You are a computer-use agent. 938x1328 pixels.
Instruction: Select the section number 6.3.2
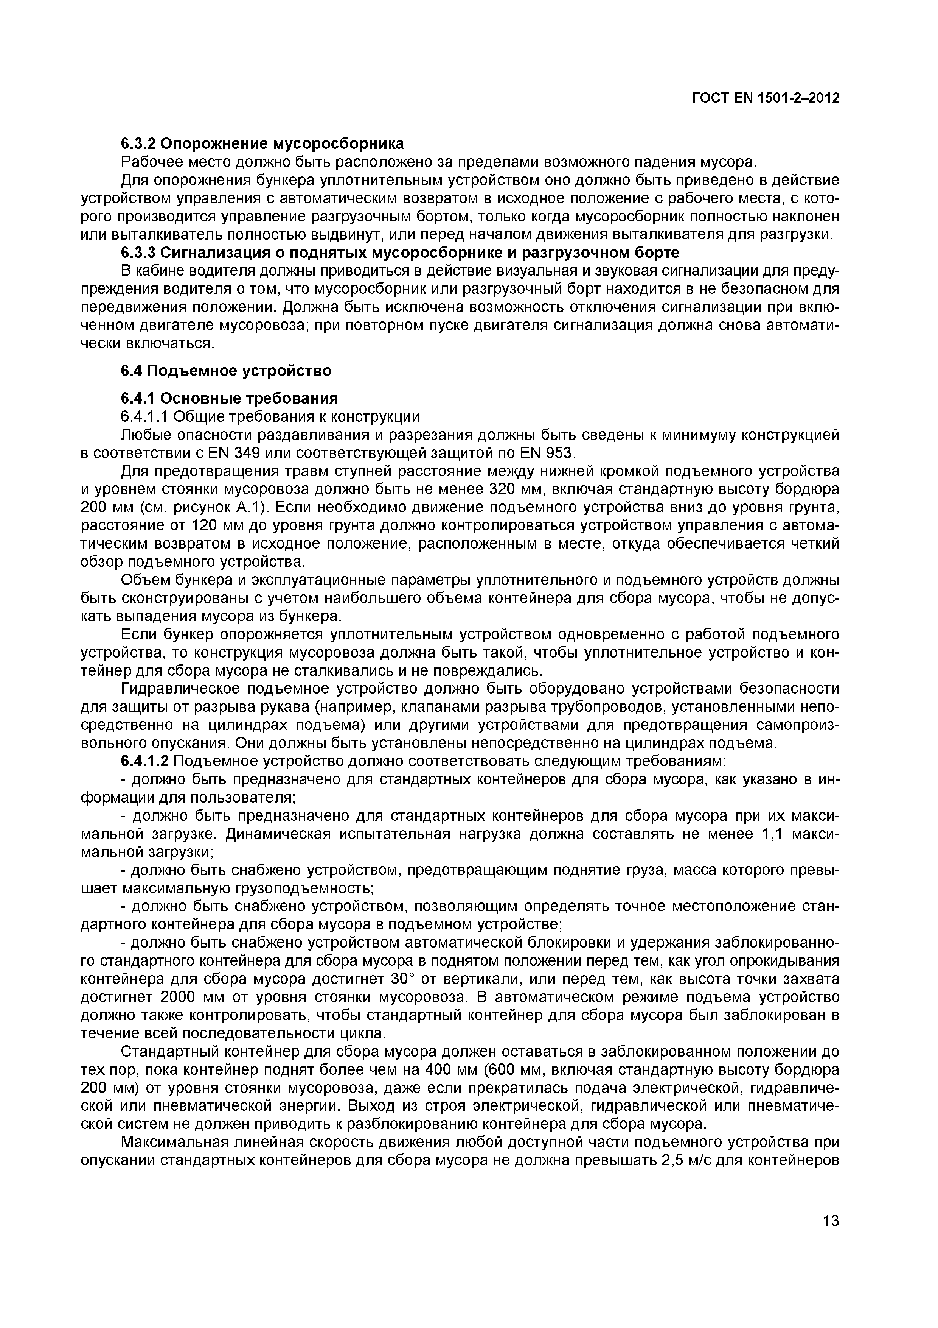coord(138,143)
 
